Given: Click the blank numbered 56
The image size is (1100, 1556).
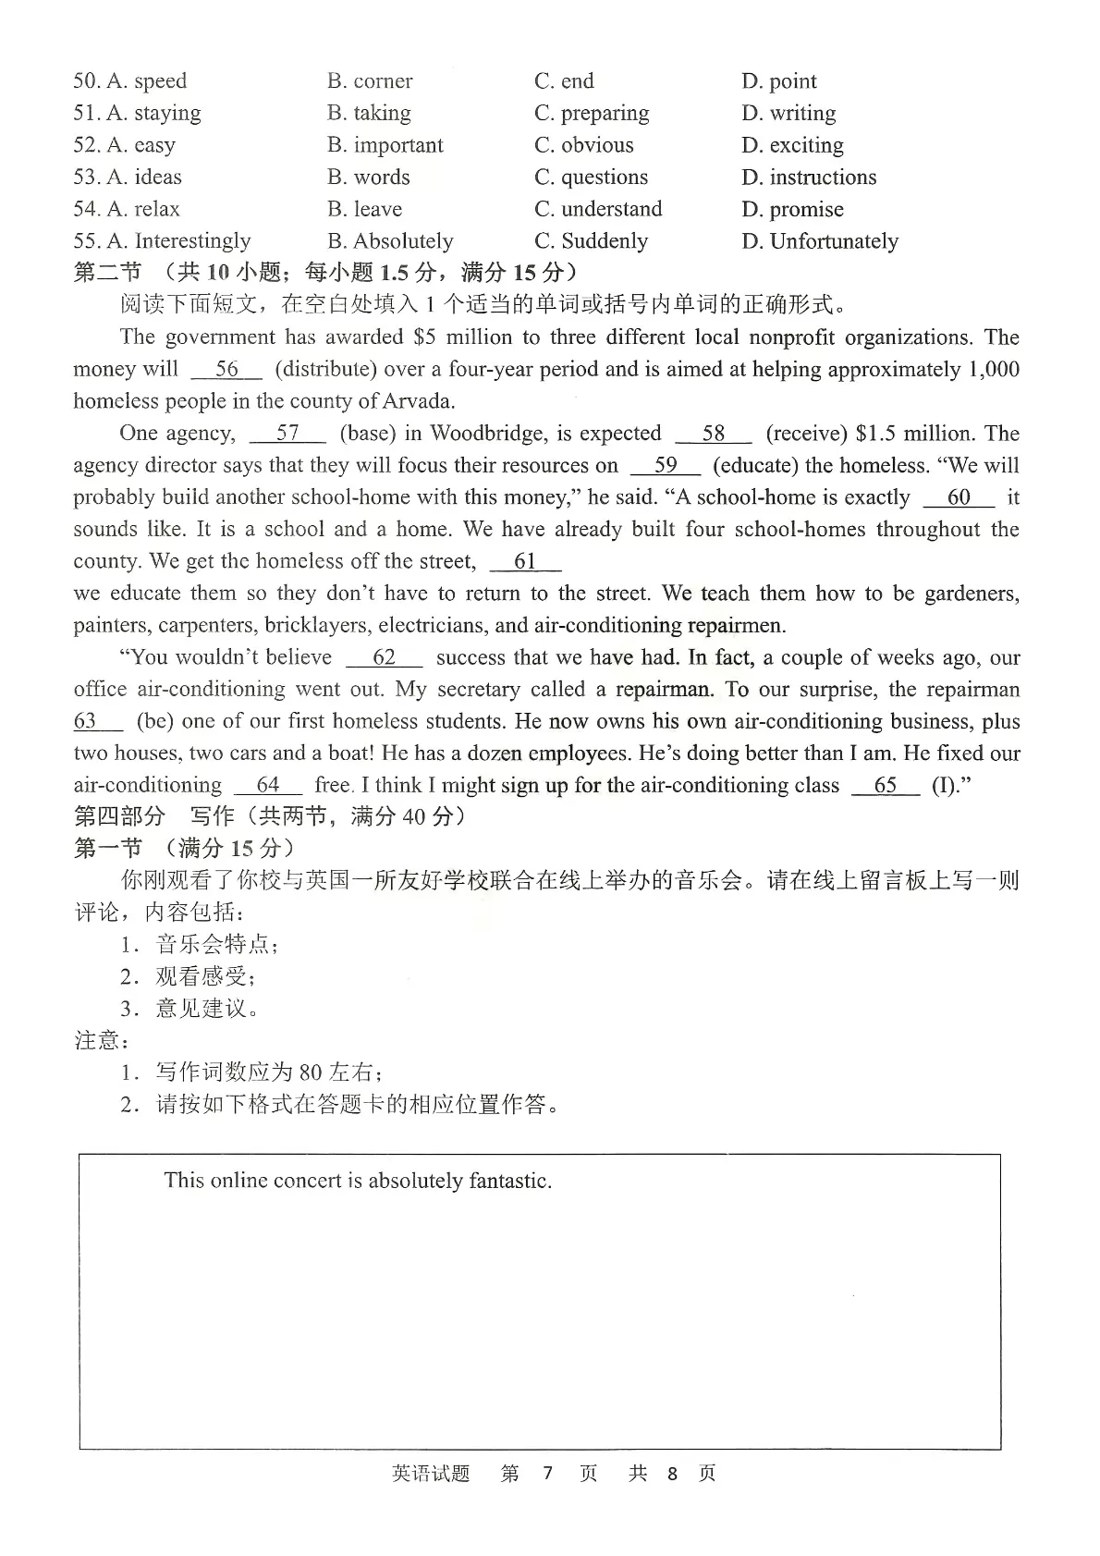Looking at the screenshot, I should (x=226, y=370).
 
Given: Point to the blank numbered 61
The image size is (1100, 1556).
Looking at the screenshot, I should (x=525, y=562).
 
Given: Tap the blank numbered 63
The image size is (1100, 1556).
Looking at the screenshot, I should (x=96, y=722).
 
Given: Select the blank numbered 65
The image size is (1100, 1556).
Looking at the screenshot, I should (x=885, y=786).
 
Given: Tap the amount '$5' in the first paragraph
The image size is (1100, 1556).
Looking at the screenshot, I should (x=424, y=337).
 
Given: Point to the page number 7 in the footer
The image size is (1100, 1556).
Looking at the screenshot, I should (x=547, y=1474).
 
